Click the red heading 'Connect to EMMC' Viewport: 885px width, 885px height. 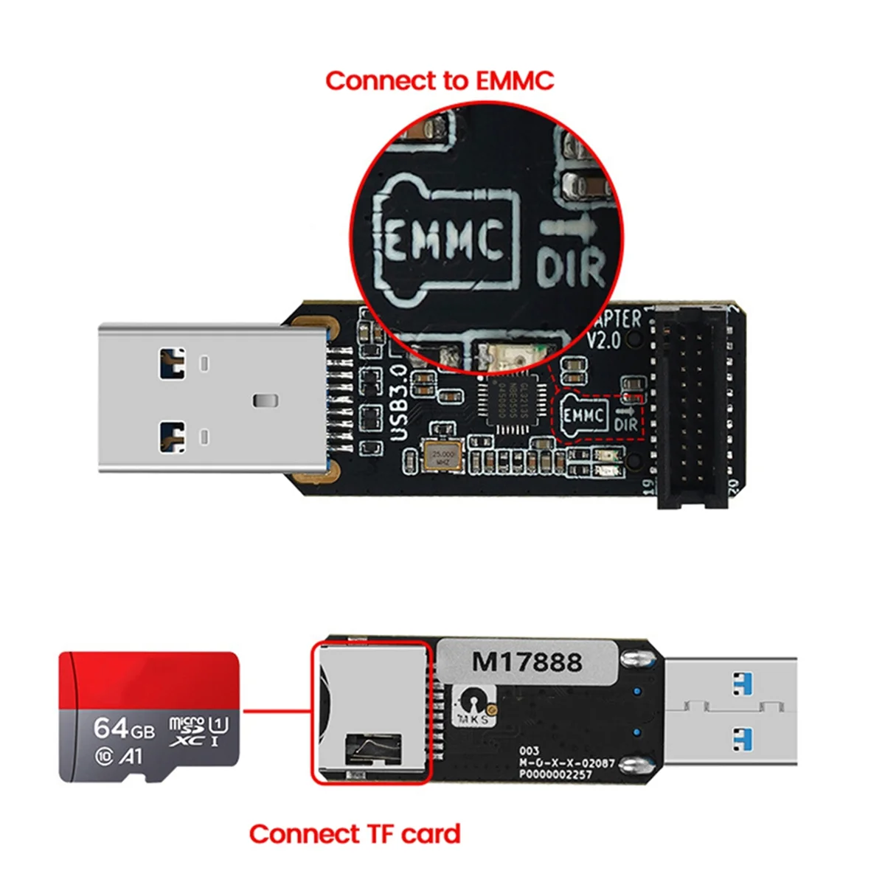440,80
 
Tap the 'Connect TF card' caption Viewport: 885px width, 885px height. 355,834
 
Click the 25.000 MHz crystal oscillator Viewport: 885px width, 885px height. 444,457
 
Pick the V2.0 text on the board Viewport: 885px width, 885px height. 603,341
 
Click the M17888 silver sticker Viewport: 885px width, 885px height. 527,662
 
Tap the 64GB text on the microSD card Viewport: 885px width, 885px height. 124,729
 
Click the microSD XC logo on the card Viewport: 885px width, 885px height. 187,730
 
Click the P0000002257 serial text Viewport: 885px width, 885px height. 555,774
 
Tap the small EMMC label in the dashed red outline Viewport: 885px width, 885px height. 584,416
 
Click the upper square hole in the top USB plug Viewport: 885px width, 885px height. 172,363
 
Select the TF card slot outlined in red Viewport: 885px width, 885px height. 370,712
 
